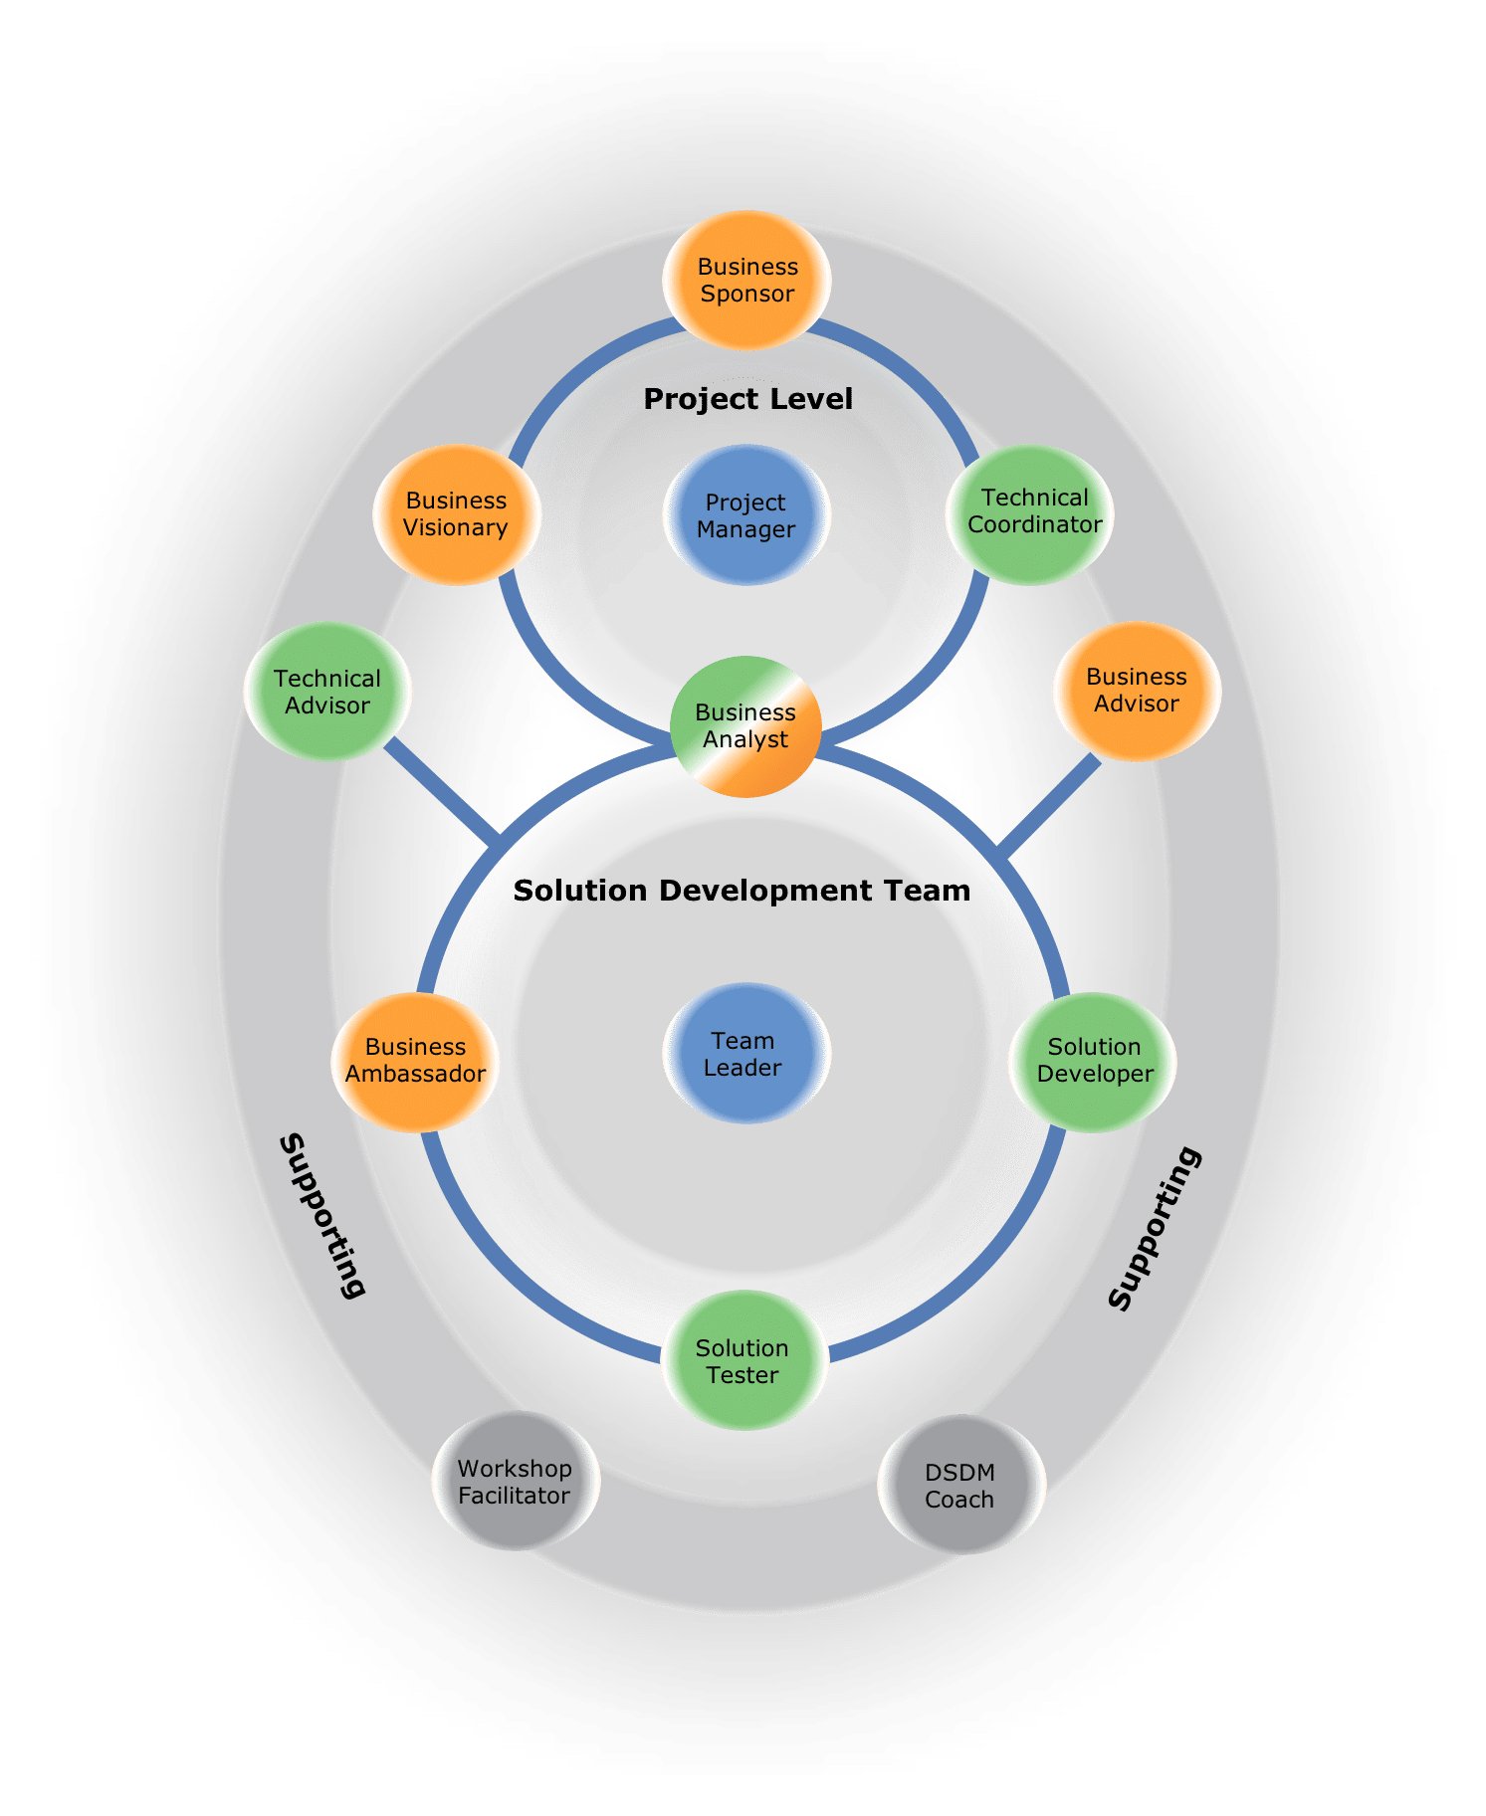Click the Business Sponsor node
(x=746, y=281)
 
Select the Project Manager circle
(x=745, y=515)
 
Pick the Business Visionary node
(x=457, y=514)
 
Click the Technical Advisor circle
(x=327, y=692)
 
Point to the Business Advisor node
(x=1136, y=691)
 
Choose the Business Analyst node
(x=745, y=726)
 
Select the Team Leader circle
(x=744, y=1054)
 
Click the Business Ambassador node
(x=415, y=1061)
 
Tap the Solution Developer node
(x=1093, y=1061)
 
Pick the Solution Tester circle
(x=743, y=1361)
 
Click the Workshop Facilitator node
(x=515, y=1482)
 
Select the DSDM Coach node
(x=960, y=1485)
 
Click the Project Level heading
(x=747, y=399)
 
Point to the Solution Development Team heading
(x=742, y=891)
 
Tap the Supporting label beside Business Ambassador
(x=321, y=1215)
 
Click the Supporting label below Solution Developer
(x=1155, y=1228)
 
